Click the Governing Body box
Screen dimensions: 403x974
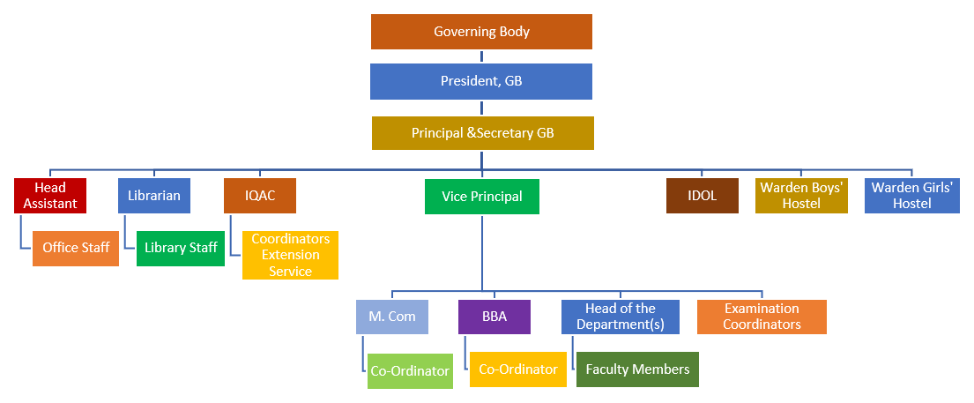(481, 32)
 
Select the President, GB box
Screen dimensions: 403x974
(481, 81)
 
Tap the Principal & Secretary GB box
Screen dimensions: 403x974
(482, 133)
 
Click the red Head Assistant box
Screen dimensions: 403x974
(50, 196)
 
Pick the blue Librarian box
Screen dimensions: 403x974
(153, 196)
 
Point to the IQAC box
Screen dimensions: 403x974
(259, 196)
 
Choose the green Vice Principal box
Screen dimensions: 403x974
(481, 197)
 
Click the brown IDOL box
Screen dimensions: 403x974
(702, 196)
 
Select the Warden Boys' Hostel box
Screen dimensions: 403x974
(801, 196)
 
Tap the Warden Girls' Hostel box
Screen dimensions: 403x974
(912, 196)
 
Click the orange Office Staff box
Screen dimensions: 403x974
(76, 248)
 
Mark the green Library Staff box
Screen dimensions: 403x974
(181, 248)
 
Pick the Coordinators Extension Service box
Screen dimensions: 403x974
(290, 255)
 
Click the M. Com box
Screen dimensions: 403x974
(392, 317)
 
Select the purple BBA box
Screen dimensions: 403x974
(494, 317)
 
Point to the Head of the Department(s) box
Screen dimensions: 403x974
(621, 317)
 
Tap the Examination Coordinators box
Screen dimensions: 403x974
(762, 317)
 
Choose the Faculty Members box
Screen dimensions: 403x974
(637, 369)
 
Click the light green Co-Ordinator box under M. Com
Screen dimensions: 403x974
(410, 371)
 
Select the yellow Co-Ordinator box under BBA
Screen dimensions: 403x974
(517, 369)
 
